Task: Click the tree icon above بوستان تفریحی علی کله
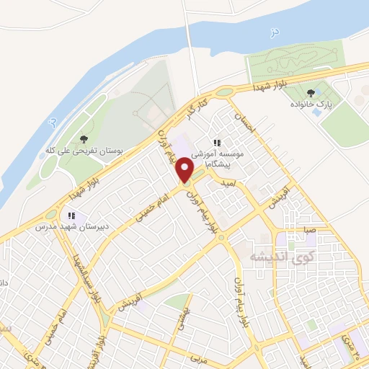tap(84, 138)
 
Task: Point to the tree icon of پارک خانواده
tap(311, 92)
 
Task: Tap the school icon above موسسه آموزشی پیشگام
tap(217, 143)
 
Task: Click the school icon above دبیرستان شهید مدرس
tap(71, 215)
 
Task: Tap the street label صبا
tap(309, 230)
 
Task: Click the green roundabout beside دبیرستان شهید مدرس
tap(50, 214)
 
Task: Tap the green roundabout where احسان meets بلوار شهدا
tap(225, 92)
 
